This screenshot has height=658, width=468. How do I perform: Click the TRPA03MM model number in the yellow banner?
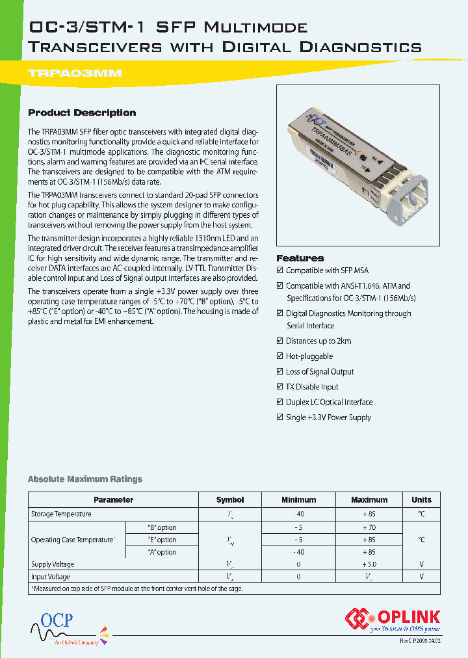tap(75, 73)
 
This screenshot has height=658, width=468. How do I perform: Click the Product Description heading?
tap(82, 112)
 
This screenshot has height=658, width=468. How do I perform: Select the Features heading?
tap(300, 258)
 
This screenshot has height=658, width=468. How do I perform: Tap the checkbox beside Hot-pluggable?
tap(280, 356)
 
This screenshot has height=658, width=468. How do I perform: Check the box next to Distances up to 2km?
tap(280, 341)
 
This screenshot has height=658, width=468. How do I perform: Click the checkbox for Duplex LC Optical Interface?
tap(280, 402)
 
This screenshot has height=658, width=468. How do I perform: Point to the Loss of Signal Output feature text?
tap(320, 372)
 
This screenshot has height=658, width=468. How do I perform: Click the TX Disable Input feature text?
tap(312, 387)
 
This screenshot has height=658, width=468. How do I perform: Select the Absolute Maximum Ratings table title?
tap(84, 479)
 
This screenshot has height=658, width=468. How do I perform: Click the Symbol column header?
tap(229, 500)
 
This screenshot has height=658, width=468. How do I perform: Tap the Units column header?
tap(421, 500)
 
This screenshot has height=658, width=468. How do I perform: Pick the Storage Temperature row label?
tap(61, 514)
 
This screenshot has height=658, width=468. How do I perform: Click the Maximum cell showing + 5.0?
tap(369, 564)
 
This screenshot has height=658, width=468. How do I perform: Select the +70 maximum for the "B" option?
tap(369, 527)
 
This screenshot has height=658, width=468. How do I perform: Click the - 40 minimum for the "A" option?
tap(298, 552)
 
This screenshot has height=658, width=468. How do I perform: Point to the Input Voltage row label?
tap(51, 577)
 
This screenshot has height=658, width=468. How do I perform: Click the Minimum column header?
tap(298, 500)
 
